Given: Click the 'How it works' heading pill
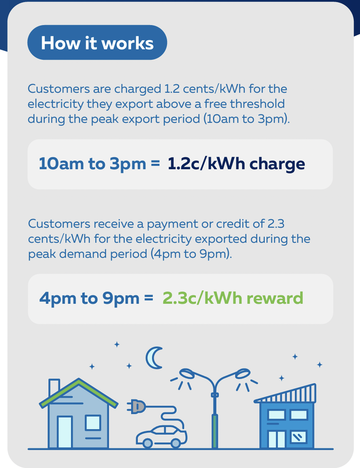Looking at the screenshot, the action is point(97,42).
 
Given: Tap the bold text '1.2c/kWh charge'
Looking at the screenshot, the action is point(236,164).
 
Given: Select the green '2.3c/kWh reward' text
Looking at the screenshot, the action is point(233,298).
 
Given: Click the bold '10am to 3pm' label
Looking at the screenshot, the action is point(92,164).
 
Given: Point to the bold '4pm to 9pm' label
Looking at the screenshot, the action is point(89,299).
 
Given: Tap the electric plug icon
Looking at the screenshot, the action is point(137,407).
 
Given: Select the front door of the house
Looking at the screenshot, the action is point(65,432).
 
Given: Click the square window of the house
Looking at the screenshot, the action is point(93,422).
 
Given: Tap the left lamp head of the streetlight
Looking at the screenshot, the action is point(187,373).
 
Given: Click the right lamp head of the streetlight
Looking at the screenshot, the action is point(243,373).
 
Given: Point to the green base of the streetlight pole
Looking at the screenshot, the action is point(214,431).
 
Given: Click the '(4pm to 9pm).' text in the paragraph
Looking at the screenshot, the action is point(191,254).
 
